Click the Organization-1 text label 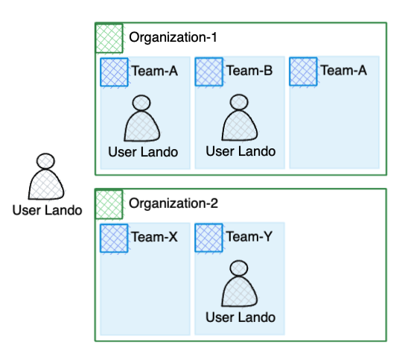coord(173,37)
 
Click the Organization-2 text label coord(173,203)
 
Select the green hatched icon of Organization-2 coord(109,203)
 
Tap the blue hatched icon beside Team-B coord(209,72)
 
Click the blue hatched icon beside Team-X coord(114,238)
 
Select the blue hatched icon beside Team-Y coord(209,238)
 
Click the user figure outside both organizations coord(46,179)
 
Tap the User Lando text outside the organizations coord(47,210)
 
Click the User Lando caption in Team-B coord(240,151)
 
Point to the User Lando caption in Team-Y coord(240,318)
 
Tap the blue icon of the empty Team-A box coord(304,72)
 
